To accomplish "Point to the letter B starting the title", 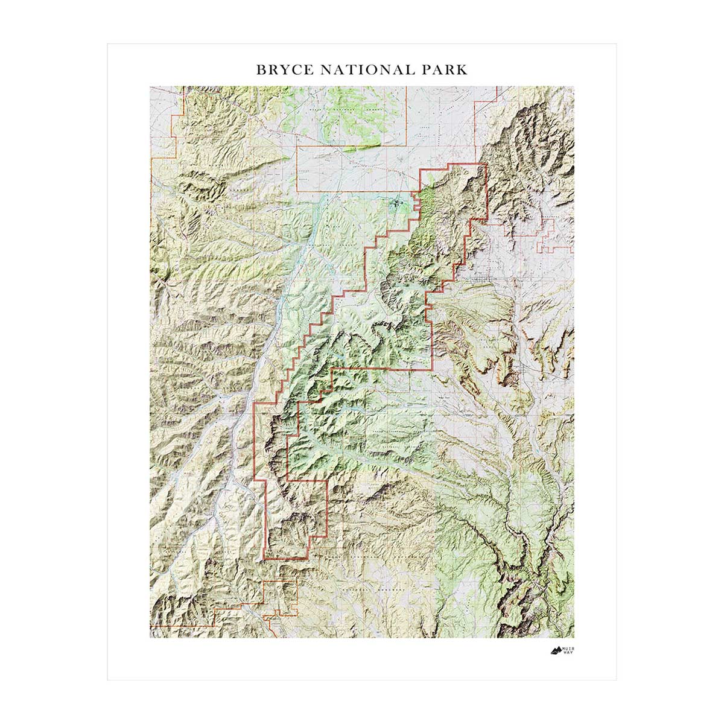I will point(261,69).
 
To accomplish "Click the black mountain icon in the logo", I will point(556,650).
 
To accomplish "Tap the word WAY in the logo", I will point(568,653).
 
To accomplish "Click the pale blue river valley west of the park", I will point(265,350).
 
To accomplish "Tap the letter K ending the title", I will point(462,69).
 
